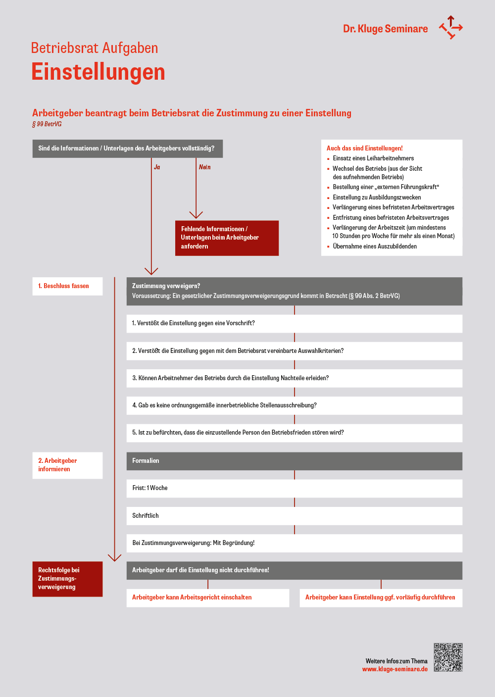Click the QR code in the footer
click(x=448, y=657)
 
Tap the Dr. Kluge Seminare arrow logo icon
click(x=450, y=27)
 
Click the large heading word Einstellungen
click(x=98, y=72)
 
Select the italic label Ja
click(x=157, y=167)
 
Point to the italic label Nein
click(x=204, y=167)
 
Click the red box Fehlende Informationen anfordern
click(x=227, y=238)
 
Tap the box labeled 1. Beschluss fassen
click(x=67, y=286)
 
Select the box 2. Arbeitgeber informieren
click(x=67, y=465)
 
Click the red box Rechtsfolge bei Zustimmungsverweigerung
click(x=67, y=579)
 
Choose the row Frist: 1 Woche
click(x=294, y=488)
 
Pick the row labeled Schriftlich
click(x=294, y=516)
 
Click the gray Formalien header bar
click(x=294, y=461)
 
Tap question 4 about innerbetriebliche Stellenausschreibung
click(x=294, y=405)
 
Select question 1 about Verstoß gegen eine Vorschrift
click(x=294, y=323)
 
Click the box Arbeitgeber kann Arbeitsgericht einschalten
click(x=208, y=597)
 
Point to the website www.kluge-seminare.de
click(x=395, y=669)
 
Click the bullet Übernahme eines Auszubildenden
click(x=375, y=247)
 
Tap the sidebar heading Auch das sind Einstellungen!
click(x=365, y=149)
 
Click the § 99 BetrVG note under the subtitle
click(x=47, y=124)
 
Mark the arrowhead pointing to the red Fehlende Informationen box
click(x=196, y=215)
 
